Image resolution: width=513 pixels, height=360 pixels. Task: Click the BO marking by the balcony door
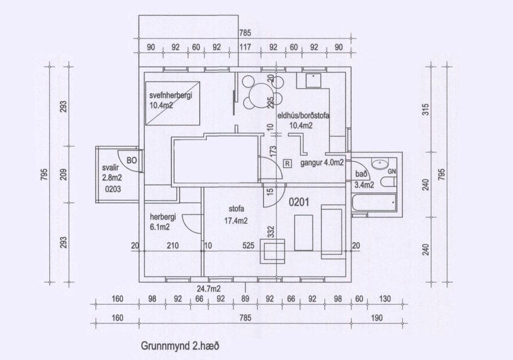(131, 160)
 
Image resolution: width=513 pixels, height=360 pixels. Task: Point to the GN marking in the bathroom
(392, 172)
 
